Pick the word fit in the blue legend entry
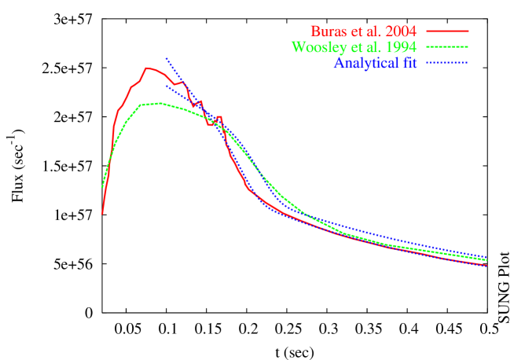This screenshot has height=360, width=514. (406, 63)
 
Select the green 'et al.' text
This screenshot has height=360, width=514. (365, 47)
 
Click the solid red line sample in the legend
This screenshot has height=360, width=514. (447, 31)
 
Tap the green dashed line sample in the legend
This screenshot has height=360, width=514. (447, 46)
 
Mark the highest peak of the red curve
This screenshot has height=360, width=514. (148, 68)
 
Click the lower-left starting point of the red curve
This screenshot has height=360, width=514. (102, 213)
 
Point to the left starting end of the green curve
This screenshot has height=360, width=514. (102, 187)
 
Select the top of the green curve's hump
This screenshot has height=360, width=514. (159, 103)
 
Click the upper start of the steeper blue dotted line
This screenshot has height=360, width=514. (166, 58)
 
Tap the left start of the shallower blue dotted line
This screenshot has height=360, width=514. (166, 85)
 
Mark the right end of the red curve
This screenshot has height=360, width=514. (487, 265)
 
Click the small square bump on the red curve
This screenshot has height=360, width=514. (219, 118)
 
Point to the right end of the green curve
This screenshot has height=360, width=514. (487, 259)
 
